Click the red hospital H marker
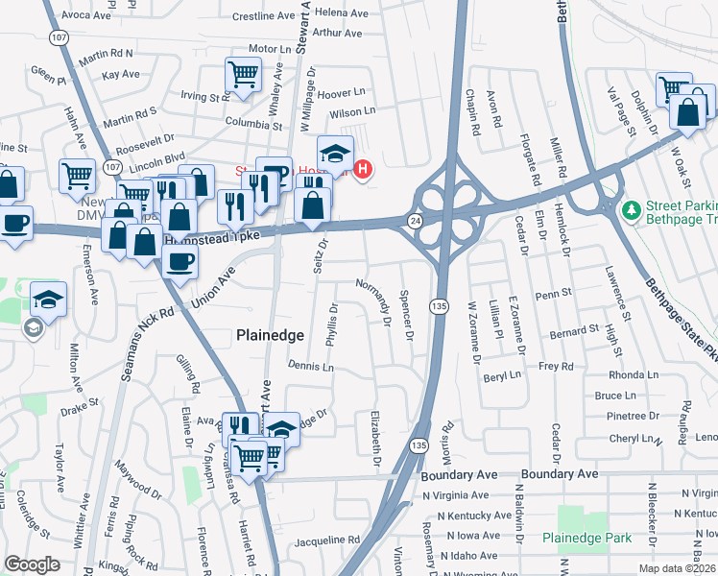(363, 171)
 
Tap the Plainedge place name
(272, 335)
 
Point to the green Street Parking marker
(631, 209)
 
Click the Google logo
(32, 564)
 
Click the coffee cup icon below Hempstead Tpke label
(179, 262)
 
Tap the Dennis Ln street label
(310, 367)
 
